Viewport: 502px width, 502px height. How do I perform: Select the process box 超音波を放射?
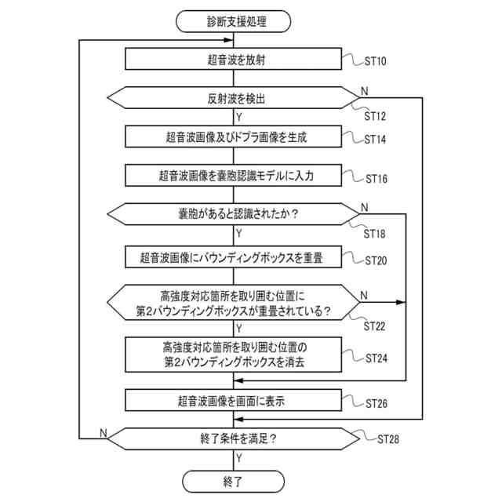234,60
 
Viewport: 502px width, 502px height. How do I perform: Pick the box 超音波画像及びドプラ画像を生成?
234,136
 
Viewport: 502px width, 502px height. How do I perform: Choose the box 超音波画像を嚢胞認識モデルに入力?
234,175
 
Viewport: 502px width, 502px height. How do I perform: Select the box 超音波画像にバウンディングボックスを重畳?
234,256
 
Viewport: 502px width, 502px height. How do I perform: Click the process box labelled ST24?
234,355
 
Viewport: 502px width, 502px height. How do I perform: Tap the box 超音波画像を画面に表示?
234,401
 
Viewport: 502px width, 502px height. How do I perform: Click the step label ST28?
388,438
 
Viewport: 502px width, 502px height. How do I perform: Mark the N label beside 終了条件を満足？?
104,432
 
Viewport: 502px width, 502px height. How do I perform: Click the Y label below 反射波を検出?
239,116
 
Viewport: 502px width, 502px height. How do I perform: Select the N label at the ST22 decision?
364,295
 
